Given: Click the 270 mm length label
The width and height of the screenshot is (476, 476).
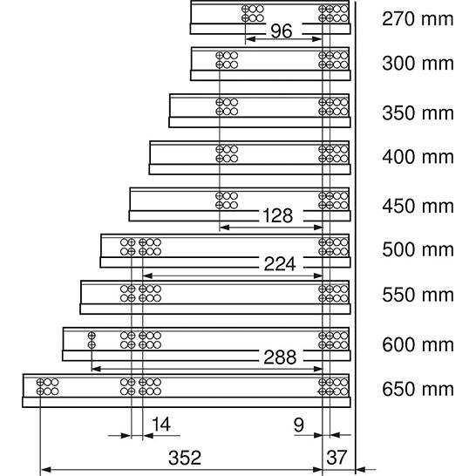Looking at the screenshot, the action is (418, 19).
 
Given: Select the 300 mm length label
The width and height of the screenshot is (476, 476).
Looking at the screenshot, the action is (418, 64).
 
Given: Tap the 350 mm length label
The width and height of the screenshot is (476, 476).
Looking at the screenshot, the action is (418, 113).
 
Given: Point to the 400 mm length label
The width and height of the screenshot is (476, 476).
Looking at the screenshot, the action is (418, 157).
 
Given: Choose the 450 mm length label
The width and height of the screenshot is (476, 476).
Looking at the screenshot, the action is (418, 207).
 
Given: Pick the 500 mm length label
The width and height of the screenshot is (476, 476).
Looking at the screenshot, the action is (418, 250).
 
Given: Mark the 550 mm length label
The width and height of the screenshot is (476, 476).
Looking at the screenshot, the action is (418, 295).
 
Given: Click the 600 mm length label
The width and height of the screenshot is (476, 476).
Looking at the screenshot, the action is (418, 345).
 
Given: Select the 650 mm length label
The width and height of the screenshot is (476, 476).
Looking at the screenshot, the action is (418, 389).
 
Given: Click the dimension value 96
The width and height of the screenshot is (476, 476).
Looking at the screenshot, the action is (282, 31).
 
